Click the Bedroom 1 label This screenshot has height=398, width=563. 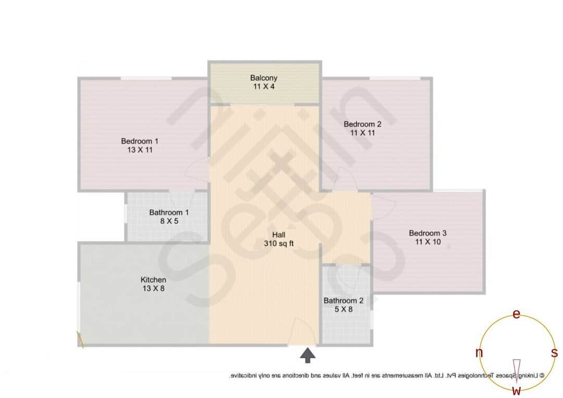140,141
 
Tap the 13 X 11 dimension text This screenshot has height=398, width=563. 140,150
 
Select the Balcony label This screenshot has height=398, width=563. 264,78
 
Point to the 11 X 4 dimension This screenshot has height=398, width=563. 264,86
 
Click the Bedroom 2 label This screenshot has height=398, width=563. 363,124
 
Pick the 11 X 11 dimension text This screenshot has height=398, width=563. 363,133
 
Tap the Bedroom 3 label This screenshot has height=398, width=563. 427,233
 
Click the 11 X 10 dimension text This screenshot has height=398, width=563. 427,242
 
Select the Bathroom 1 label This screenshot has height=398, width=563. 169,212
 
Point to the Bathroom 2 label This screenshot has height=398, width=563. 344,301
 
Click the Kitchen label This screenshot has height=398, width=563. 154,280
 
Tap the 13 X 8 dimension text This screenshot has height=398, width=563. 154,288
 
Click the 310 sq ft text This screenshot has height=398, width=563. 279,243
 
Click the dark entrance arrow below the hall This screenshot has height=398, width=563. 308,356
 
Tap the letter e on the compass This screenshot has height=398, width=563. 517,314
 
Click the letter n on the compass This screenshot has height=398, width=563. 479,353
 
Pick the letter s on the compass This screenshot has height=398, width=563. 554,353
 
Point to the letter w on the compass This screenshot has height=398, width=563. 517,390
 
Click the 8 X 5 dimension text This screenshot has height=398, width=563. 169,221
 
